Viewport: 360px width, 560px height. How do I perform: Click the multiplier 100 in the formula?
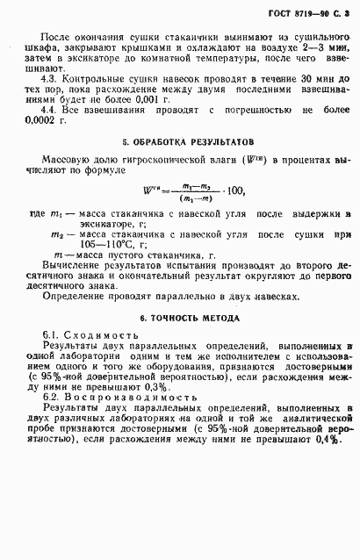tap(232, 190)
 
